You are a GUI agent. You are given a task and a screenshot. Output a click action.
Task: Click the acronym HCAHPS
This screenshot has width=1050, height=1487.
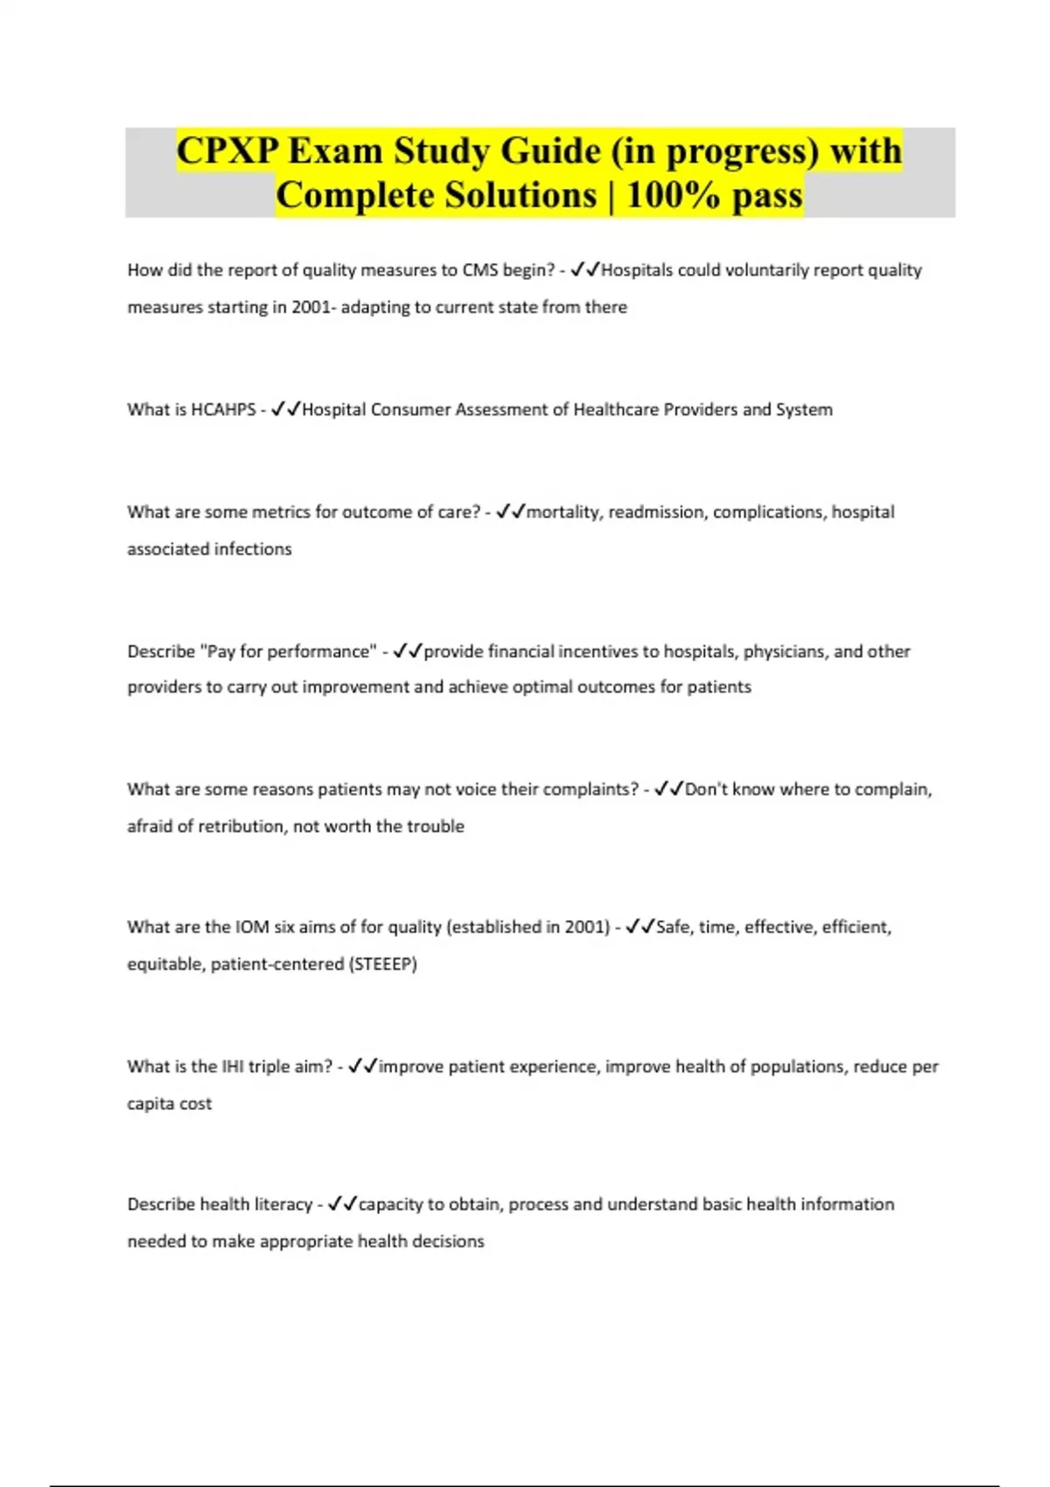(x=223, y=409)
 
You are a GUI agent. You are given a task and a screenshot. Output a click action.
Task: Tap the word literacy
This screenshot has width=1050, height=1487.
(x=283, y=1204)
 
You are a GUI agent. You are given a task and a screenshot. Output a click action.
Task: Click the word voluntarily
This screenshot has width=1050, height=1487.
(x=767, y=270)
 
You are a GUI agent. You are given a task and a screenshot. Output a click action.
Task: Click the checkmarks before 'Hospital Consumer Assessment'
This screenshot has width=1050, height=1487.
(x=286, y=409)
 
